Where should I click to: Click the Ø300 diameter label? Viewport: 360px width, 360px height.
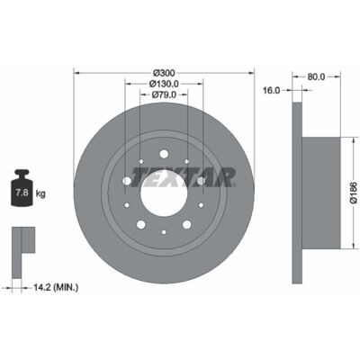point(164,73)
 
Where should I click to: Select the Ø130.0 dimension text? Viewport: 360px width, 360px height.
point(164,84)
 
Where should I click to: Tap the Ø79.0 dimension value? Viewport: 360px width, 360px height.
point(164,94)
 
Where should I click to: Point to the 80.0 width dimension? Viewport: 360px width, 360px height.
point(316,76)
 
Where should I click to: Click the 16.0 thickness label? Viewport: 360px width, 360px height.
point(271,90)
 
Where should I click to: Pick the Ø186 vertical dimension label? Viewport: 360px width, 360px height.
point(354,193)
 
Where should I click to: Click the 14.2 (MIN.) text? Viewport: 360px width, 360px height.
point(56,288)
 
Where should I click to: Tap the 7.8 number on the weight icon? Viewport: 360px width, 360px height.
point(22,193)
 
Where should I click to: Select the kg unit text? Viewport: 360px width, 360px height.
point(40,193)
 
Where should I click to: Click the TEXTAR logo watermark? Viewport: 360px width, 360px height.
point(183,177)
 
